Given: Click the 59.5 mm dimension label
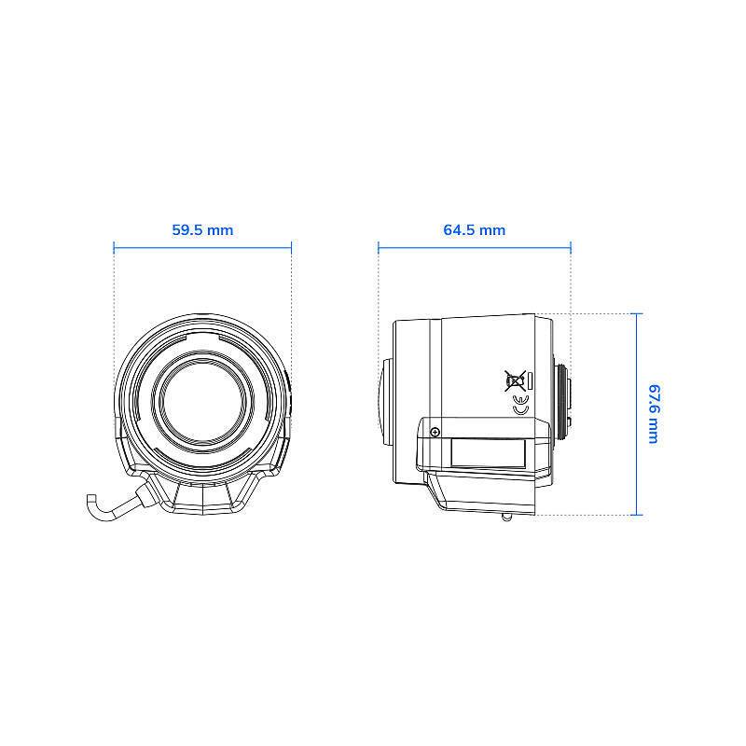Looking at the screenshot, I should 202,229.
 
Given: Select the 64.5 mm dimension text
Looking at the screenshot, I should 474,229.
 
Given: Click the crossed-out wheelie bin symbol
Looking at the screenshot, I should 513,380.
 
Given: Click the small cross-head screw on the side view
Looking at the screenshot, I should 435,431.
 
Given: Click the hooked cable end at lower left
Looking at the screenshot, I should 92,504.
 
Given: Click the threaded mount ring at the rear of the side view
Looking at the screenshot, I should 564,401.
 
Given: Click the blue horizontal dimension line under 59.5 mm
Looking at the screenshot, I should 202,247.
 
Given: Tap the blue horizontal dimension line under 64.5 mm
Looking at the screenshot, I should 474,247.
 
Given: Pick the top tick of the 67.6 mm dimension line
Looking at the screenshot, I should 637,313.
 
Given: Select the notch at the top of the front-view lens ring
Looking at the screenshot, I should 202,335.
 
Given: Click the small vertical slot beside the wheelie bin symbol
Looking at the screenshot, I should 529,380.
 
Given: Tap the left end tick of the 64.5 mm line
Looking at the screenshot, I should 379,247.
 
